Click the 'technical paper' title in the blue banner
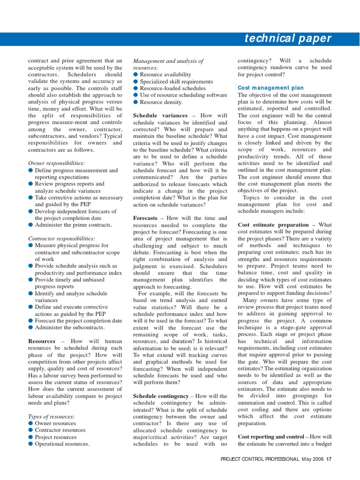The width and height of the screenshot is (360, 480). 288,39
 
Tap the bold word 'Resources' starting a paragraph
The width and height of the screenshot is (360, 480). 42,341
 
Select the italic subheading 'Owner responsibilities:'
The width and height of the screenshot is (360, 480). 57,164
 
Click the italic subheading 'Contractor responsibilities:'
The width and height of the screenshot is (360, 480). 61,239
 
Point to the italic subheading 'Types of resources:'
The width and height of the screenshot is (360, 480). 52,416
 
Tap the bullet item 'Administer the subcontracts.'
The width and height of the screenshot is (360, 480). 70,328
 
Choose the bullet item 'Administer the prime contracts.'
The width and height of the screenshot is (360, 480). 74,225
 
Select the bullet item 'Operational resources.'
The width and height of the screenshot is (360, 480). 62,444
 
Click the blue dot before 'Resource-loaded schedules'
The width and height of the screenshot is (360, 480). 136,88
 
